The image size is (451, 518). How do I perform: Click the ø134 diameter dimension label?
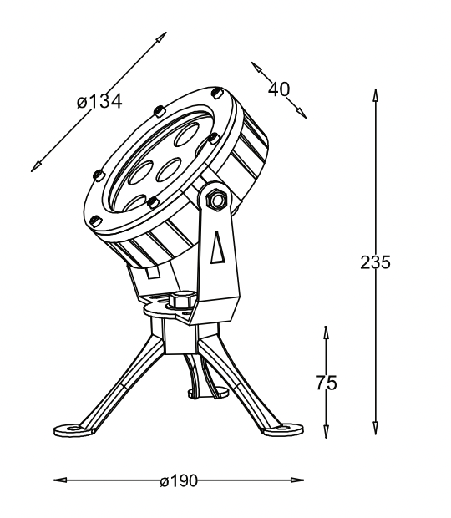99,101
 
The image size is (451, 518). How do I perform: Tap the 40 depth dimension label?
279,89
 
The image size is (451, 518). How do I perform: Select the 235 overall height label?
375,262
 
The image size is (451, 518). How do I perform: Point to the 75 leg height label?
327,383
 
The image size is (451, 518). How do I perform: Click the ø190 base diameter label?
179,480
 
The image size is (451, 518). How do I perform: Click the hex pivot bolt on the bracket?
216,199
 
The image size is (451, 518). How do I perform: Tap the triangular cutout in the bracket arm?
218,248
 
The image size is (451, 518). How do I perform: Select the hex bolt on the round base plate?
181,300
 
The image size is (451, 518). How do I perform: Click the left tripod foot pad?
73,430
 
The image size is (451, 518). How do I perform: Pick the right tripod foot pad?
282,429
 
